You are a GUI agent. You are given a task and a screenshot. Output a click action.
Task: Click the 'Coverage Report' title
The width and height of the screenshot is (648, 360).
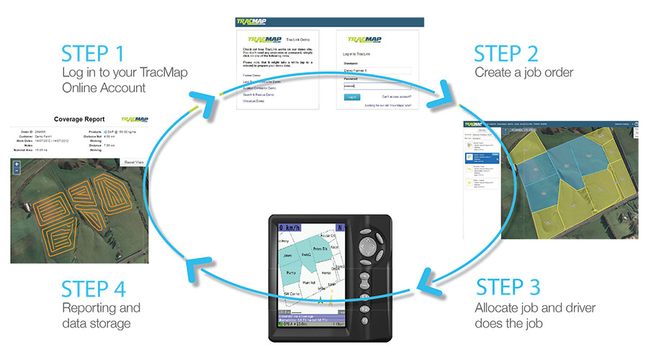click(79, 119)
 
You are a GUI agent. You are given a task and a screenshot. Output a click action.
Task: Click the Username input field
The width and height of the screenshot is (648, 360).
click(377, 71)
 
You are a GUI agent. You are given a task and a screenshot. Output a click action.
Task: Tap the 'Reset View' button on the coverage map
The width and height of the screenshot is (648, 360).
click(132, 163)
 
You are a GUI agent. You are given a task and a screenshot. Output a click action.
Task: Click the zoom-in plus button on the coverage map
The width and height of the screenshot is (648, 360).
click(17, 165)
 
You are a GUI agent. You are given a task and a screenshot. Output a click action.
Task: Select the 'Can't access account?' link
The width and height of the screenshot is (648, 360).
click(395, 96)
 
